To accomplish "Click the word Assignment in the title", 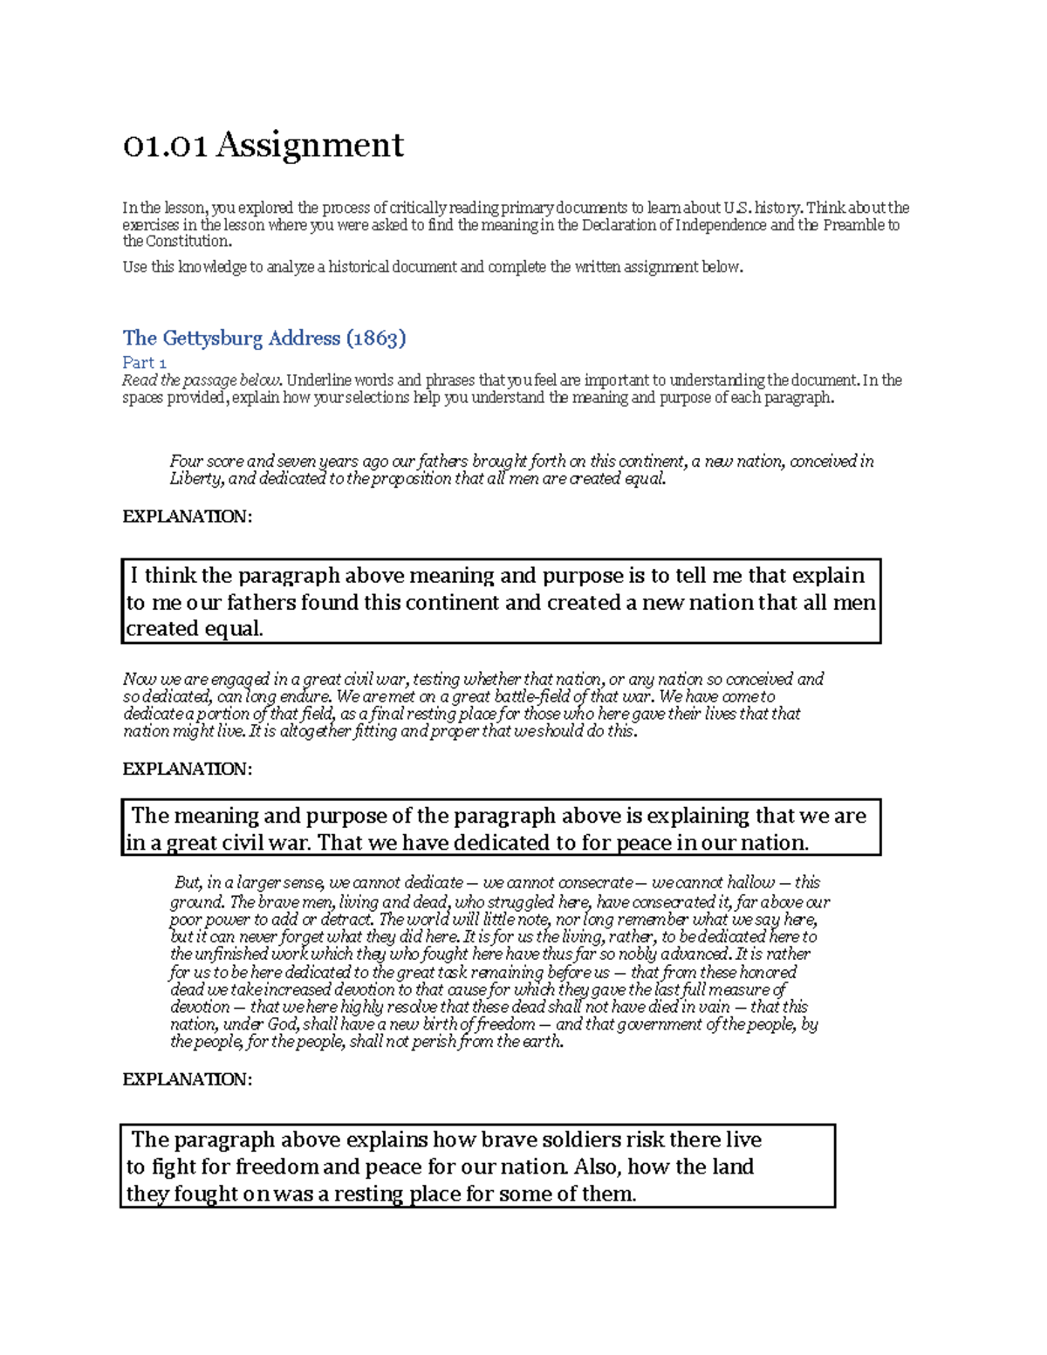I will click(x=310, y=145).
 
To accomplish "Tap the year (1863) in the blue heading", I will click(x=376, y=339).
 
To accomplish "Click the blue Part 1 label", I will click(x=144, y=362).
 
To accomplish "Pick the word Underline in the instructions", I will click(x=317, y=380).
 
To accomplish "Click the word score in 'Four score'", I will click(x=224, y=462).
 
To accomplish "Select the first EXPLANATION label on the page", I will click(x=187, y=517).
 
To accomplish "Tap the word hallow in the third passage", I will click(x=750, y=883).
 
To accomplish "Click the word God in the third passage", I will click(x=283, y=1024).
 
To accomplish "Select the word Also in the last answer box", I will click(x=597, y=1167).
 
